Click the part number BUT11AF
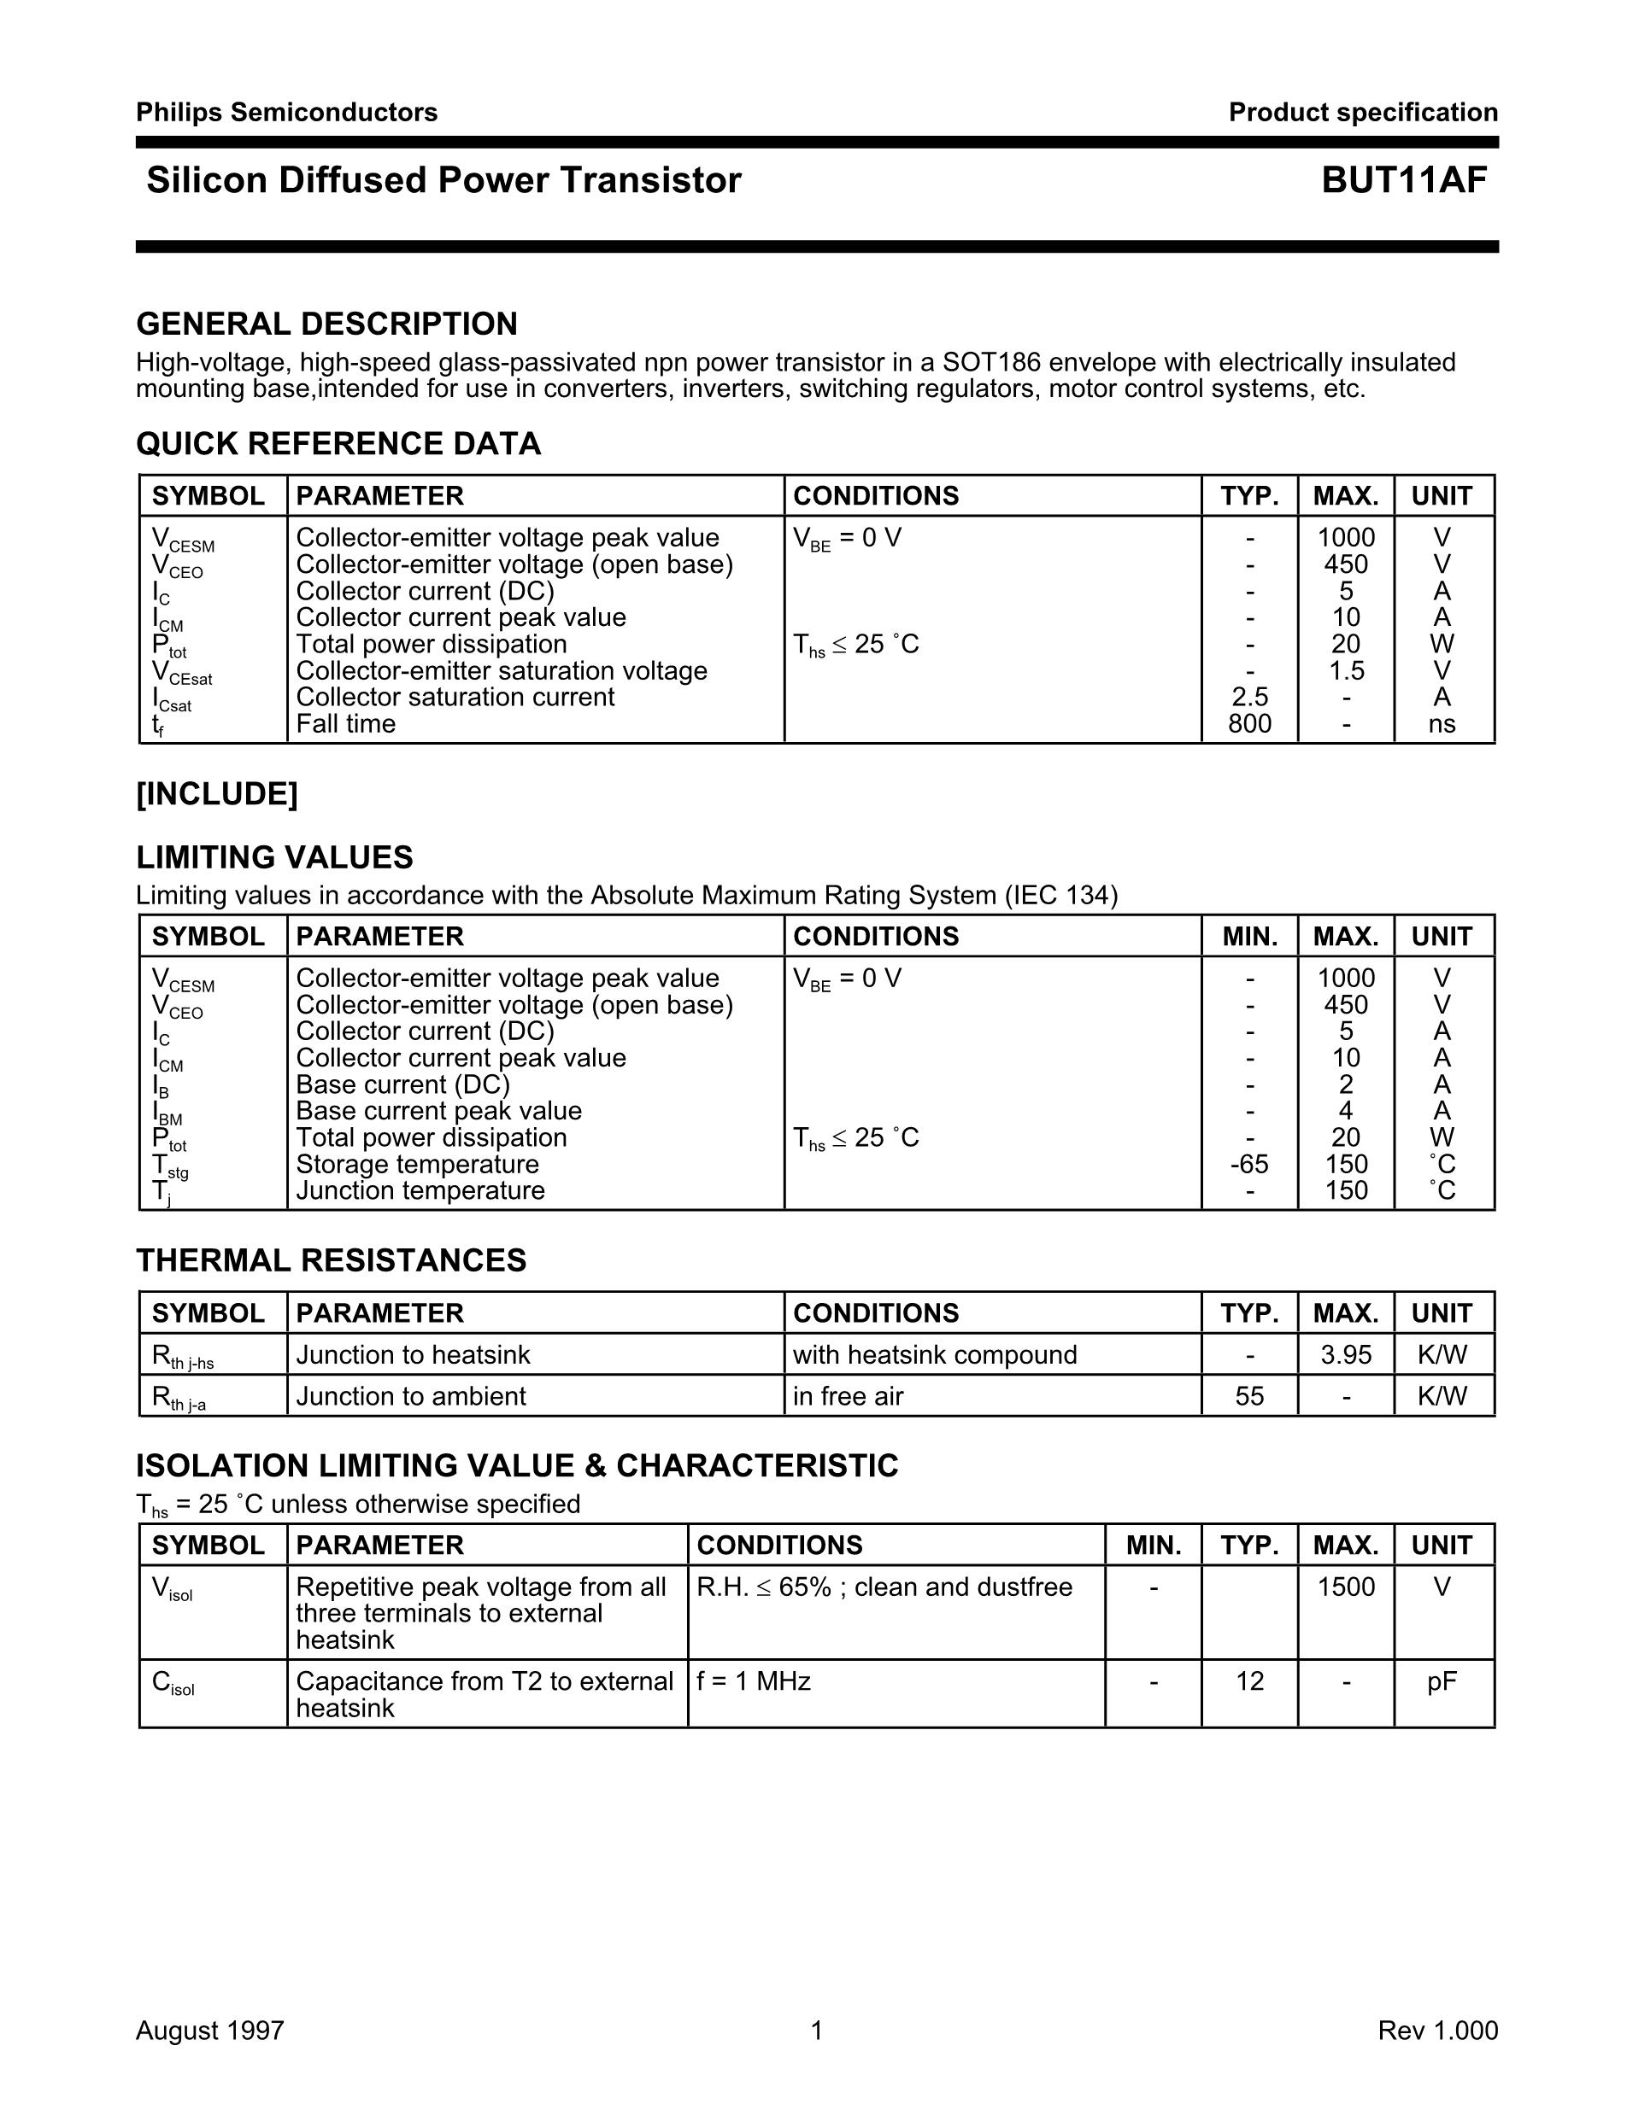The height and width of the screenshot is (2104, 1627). [1403, 181]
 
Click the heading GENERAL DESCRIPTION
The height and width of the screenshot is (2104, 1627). [326, 324]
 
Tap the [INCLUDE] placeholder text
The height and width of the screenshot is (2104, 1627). [217, 795]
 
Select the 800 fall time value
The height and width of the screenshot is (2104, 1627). [1249, 723]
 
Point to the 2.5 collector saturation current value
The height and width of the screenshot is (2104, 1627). [1249, 697]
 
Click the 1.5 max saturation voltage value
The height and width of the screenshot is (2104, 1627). [1346, 670]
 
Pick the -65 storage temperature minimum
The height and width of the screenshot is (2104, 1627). [1249, 1164]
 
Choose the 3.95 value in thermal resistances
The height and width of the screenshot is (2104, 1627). [1346, 1354]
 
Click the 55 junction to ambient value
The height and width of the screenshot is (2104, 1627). [1249, 1396]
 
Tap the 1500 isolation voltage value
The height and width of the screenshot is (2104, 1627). [1346, 1587]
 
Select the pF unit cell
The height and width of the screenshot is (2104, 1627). [1442, 1681]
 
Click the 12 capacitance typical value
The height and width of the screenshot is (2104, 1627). [1249, 1681]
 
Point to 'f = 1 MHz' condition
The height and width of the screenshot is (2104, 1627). [754, 1681]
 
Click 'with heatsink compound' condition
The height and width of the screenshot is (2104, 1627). [934, 1354]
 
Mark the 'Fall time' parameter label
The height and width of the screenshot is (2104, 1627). [345, 723]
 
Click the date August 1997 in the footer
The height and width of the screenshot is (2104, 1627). [210, 2031]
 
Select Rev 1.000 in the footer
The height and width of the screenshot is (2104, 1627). [1437, 2031]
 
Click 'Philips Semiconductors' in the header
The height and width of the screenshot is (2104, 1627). [286, 113]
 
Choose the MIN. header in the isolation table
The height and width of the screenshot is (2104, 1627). [1154, 1546]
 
